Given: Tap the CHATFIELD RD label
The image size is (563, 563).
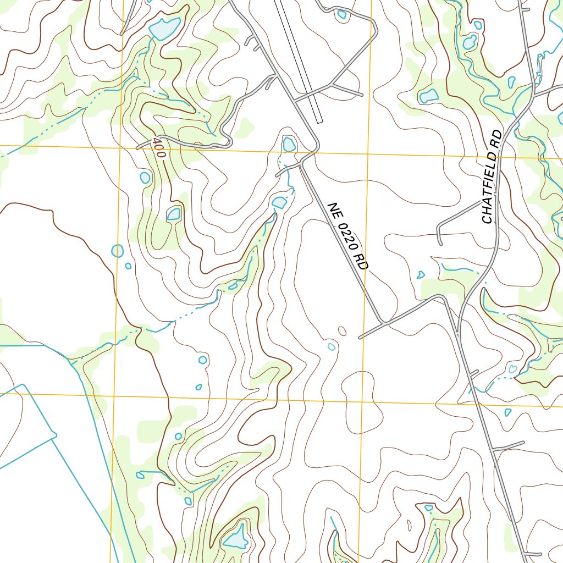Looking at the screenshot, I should click(x=492, y=176).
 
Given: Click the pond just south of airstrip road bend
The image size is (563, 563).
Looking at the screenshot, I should click(x=289, y=144).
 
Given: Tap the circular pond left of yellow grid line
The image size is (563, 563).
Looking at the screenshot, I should click(x=117, y=251).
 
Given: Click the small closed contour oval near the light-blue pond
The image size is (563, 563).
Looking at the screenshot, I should click(x=342, y=330).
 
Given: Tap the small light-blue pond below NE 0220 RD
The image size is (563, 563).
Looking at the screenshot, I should click(x=332, y=346).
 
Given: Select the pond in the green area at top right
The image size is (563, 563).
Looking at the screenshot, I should click(x=428, y=97).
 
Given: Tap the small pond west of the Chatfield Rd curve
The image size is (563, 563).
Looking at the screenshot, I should click(x=421, y=274).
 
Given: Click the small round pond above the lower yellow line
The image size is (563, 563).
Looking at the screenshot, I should click(x=203, y=360).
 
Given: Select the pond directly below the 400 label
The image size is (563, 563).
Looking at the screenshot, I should click(x=145, y=178).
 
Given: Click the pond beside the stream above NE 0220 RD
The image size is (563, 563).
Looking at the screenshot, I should click(x=279, y=203).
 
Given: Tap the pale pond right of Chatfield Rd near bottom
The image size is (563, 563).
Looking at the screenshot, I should click(x=512, y=369).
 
